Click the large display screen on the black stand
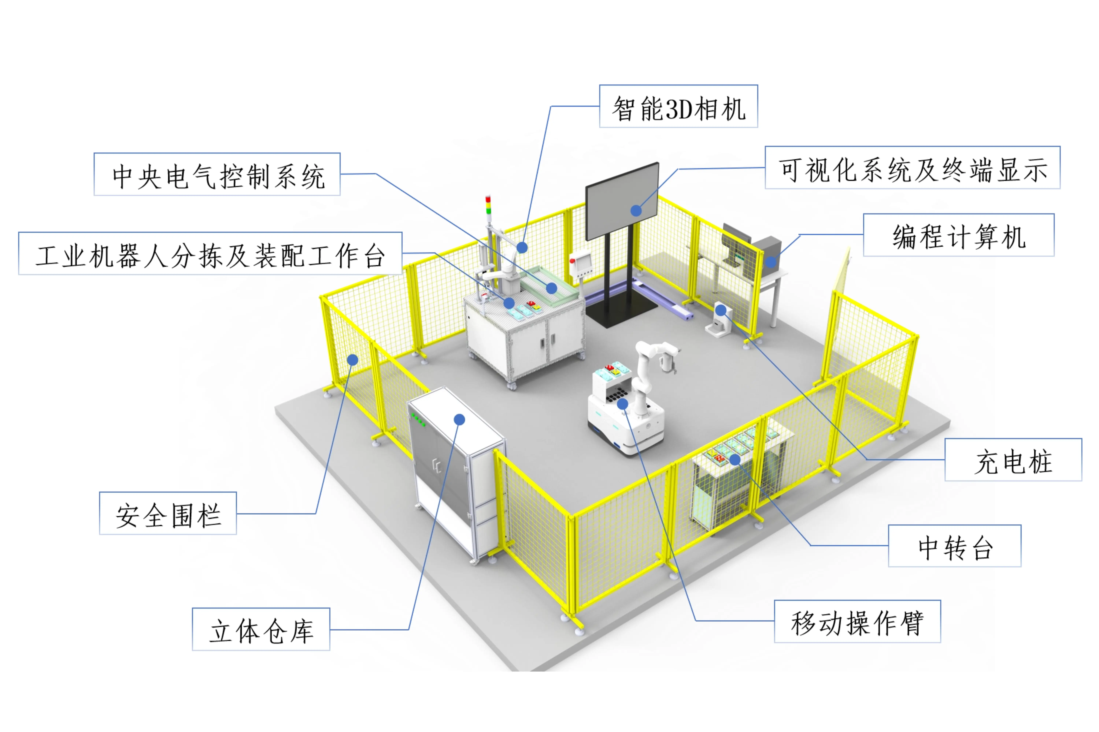pyautogui.click(x=622, y=201)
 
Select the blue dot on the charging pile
pyautogui.click(x=721, y=310)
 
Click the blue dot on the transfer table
pyautogui.click(x=735, y=459)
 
